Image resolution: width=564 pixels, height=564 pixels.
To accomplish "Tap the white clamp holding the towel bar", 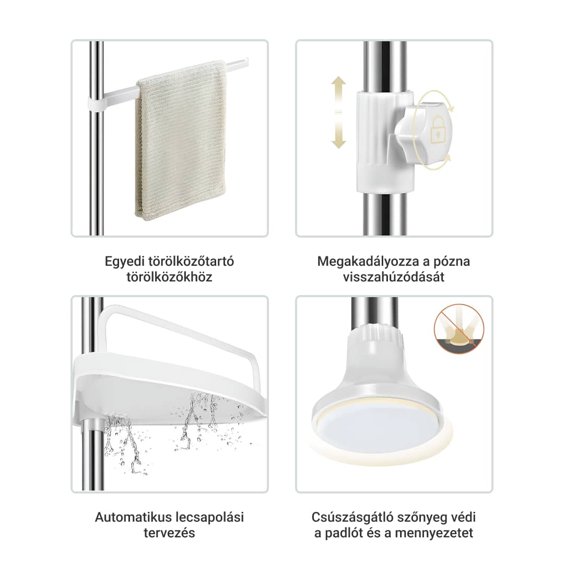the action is [x=96, y=103].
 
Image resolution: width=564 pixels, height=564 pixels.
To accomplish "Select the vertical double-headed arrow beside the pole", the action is [x=338, y=112].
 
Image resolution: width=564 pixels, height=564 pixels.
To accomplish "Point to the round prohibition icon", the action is [x=459, y=328].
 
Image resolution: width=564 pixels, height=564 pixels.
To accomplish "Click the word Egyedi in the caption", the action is [x=124, y=262].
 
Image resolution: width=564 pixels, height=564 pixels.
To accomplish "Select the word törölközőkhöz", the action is [x=169, y=277].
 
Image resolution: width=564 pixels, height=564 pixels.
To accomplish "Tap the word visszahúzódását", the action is [x=394, y=277].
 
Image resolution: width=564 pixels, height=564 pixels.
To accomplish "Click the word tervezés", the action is [x=169, y=533].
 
